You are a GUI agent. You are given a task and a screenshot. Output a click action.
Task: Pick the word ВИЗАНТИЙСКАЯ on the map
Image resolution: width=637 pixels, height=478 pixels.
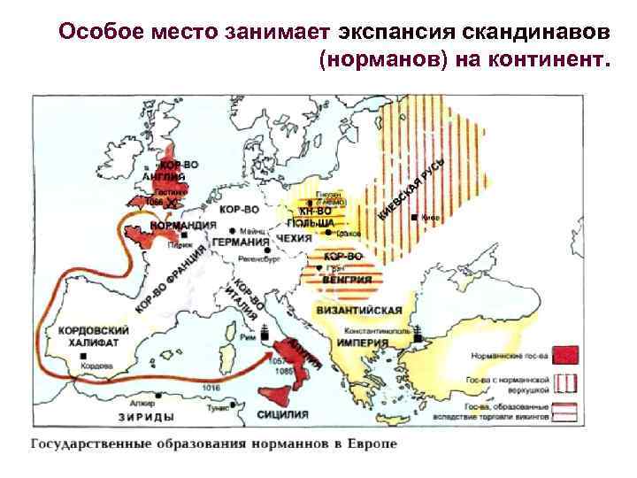coord(358,310)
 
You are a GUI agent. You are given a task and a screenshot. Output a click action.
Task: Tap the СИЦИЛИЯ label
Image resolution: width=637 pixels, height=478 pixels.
coord(283,413)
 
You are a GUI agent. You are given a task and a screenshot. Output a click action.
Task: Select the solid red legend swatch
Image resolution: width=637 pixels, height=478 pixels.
coord(565,354)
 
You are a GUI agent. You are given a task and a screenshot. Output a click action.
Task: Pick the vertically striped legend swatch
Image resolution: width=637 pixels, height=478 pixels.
coord(565,382)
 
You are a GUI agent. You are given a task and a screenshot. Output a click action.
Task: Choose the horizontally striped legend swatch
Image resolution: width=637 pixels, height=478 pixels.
coord(565,411)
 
